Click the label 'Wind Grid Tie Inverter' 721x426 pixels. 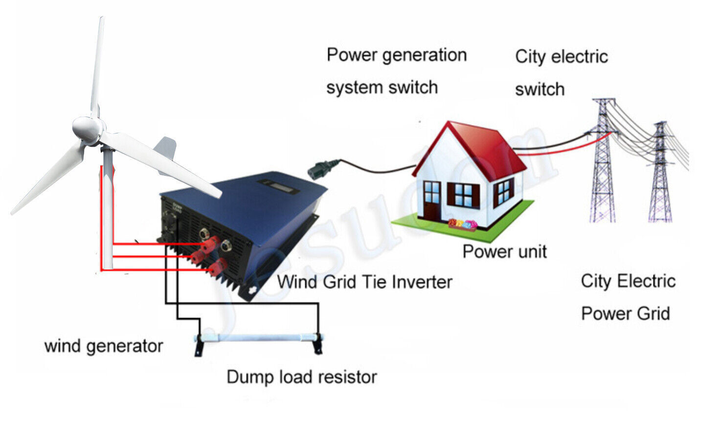tap(364, 282)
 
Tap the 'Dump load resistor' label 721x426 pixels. tap(302, 377)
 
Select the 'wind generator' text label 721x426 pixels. tap(104, 346)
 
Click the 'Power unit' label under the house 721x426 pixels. tap(504, 252)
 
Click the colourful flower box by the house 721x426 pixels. tap(463, 224)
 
